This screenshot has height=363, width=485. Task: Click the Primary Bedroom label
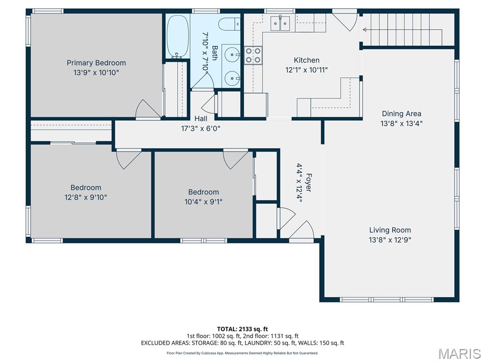[96, 63]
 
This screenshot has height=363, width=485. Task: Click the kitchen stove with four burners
[253, 55]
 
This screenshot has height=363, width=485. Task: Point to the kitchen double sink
[280, 23]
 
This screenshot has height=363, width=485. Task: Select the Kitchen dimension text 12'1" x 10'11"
[306, 69]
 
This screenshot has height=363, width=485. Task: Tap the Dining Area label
[401, 113]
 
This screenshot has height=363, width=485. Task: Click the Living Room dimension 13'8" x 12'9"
[390, 240]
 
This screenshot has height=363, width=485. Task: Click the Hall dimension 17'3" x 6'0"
[200, 128]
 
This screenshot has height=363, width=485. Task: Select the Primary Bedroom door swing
[147, 109]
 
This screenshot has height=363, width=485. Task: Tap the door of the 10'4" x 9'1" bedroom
[235, 158]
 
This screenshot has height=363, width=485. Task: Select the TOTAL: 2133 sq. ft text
[242, 329]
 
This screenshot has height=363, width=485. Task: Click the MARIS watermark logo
[459, 354]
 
